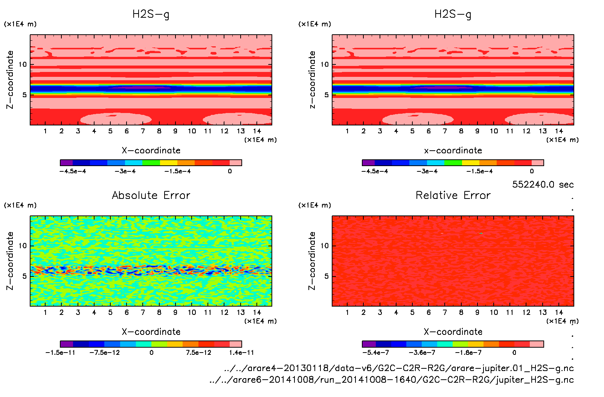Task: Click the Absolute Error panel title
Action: pos(151,195)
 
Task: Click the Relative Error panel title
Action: pos(453,195)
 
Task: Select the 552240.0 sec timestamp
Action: pos(543,185)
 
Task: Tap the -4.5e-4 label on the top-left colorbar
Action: pos(73,171)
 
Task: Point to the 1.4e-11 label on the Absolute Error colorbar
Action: pos(241,353)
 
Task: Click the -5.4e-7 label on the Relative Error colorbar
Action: pos(375,353)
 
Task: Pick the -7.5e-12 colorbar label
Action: pos(104,353)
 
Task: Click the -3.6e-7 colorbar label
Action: pos(422,353)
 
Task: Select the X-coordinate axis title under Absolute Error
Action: pos(151,332)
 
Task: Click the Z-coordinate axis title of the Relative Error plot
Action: pos(312,261)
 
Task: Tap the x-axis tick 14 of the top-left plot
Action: pos(257,131)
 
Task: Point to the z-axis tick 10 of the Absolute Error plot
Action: pos(23,246)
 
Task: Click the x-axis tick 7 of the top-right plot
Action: pos(445,131)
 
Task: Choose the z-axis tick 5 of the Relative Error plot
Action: pos(326,276)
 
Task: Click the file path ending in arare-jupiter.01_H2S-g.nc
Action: pos(399,368)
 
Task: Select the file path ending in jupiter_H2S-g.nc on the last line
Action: pos(392,380)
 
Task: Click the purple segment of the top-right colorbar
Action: pos(369,163)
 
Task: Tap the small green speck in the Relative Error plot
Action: pos(481,234)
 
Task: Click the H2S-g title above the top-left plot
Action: pos(151,14)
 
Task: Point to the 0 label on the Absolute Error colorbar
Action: pos(151,353)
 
